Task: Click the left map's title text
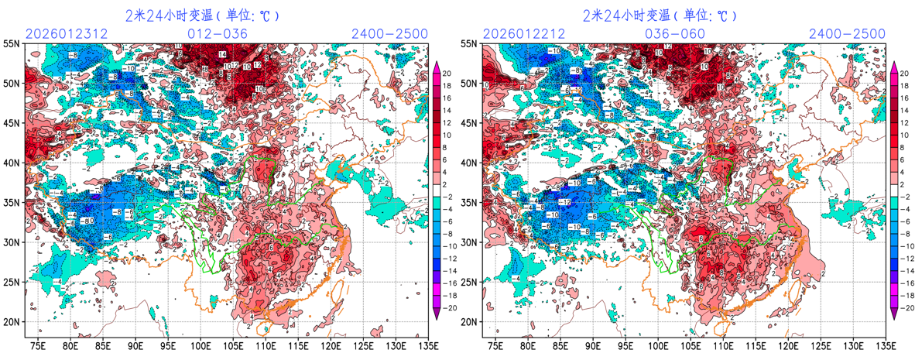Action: [x=201, y=15]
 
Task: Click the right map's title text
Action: [x=659, y=15]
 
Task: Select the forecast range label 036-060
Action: [x=675, y=33]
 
